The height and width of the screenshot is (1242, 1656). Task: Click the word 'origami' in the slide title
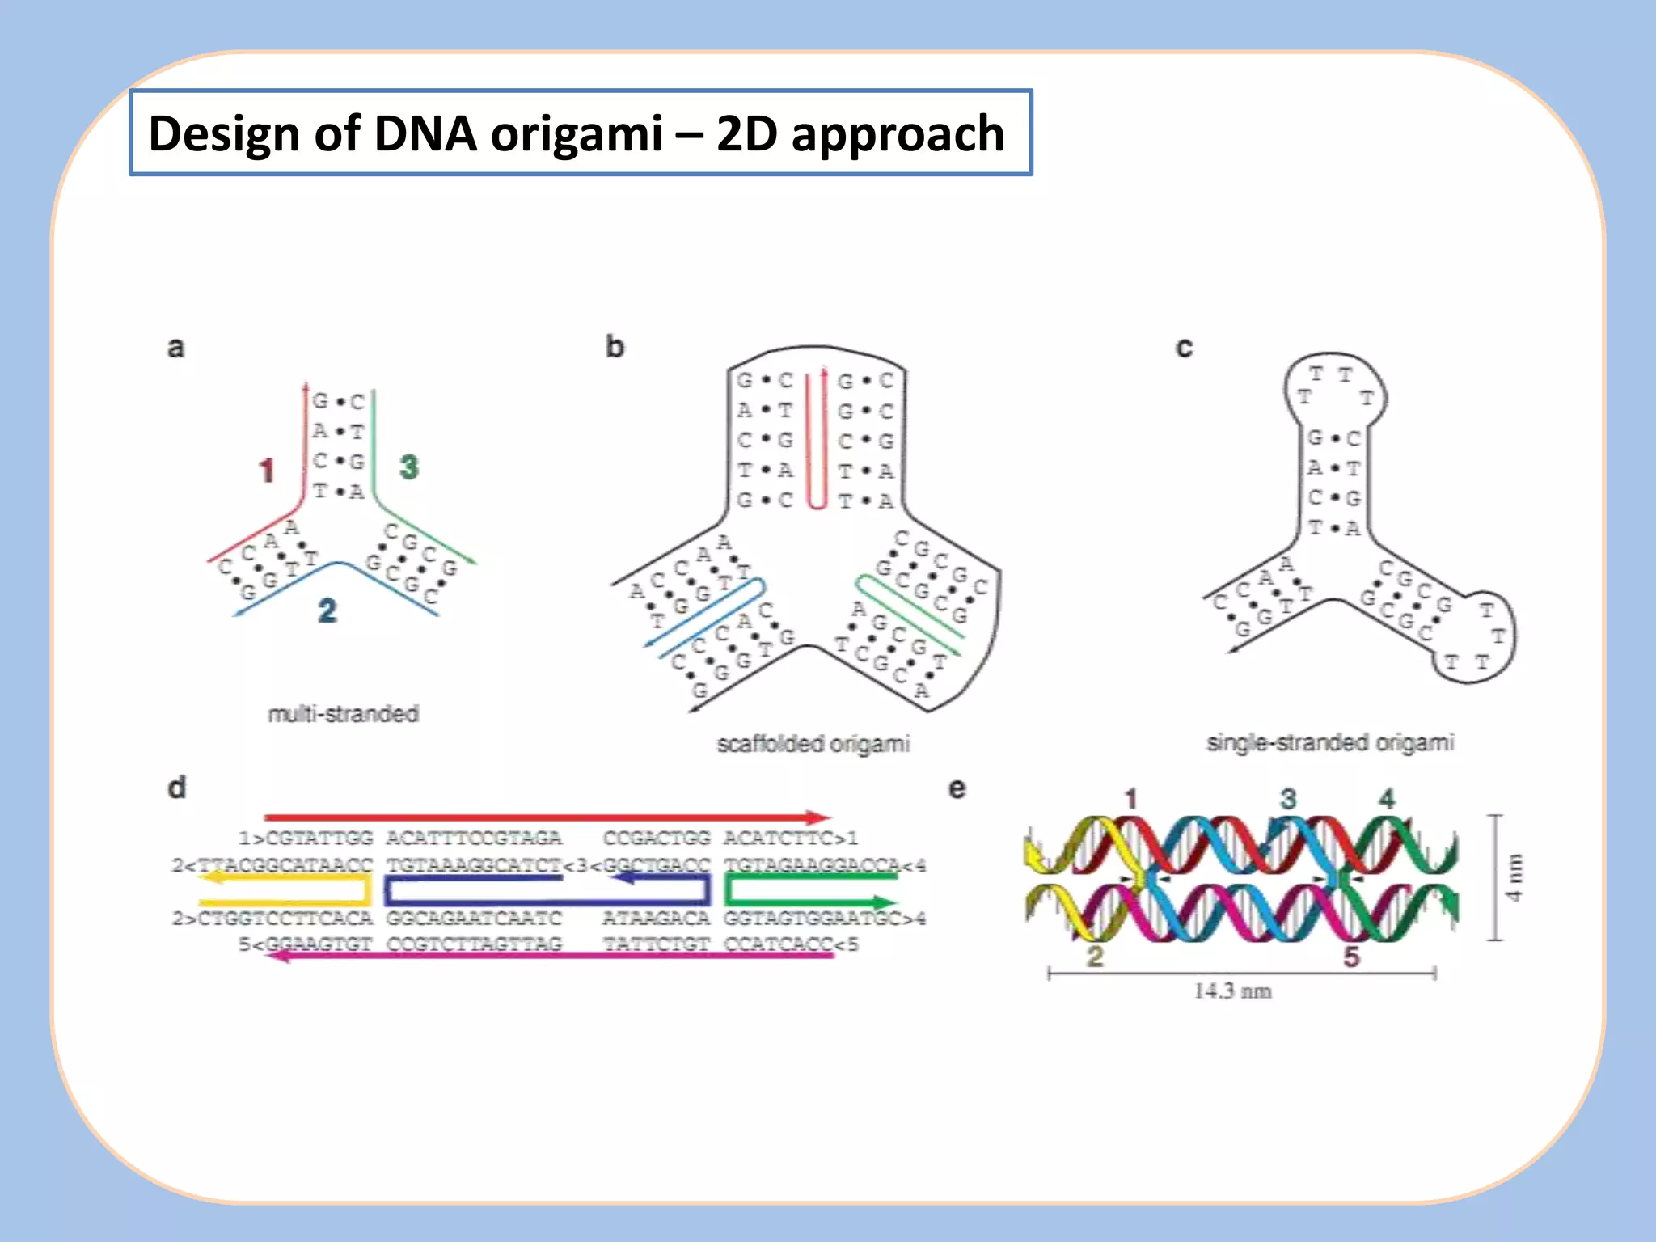coord(577,134)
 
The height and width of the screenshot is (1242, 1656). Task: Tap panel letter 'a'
coord(175,348)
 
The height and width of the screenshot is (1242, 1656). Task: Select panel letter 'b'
coord(615,347)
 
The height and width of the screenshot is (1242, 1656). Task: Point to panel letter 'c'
coord(1184,348)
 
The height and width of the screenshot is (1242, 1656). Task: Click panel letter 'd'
coord(176,787)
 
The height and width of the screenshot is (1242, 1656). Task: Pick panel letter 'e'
coord(957,788)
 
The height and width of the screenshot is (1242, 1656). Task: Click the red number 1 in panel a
coord(267,471)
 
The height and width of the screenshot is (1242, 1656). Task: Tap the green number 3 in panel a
coord(409,467)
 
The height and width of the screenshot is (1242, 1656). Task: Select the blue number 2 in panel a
coord(327,610)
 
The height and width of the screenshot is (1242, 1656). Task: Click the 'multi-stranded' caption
coord(344,714)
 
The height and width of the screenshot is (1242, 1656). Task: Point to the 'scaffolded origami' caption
coord(813,744)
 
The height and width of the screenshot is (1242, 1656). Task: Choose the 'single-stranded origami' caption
coord(1330,742)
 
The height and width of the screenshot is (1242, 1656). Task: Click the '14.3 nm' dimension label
coord(1232,991)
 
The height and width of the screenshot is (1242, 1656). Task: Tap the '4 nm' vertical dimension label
coord(1514,877)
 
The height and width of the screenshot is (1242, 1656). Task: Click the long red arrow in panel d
coord(547,817)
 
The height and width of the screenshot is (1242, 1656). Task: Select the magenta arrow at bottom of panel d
coord(550,956)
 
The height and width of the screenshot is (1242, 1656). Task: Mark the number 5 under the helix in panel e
coord(1351,957)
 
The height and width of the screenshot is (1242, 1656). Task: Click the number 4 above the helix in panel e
coord(1388,799)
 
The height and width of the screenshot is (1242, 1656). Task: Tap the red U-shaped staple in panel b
coord(817,441)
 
